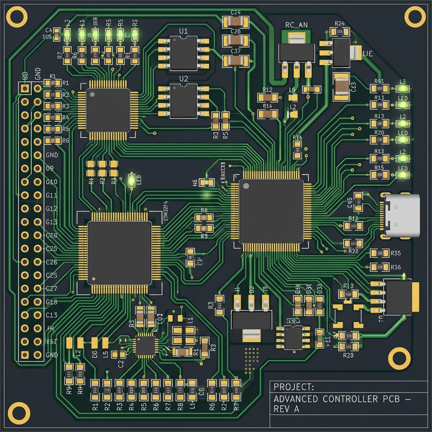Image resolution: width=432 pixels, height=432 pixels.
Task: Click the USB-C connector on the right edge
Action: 402,215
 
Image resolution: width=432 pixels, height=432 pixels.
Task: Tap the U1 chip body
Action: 184,53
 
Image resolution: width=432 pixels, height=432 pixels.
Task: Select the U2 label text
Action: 184,78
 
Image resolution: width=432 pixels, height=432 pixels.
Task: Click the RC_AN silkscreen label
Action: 296,25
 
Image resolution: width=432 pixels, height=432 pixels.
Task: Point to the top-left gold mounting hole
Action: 17,17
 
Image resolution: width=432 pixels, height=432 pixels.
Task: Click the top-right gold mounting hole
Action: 415,17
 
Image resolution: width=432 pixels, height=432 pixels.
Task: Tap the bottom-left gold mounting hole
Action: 19,413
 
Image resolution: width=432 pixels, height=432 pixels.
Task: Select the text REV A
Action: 286,409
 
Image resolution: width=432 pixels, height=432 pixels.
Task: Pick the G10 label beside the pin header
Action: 51,182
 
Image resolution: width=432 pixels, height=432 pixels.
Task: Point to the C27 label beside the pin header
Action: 51,289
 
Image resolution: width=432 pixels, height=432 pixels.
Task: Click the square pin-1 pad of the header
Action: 25,88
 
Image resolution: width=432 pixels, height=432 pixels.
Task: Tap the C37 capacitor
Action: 235,60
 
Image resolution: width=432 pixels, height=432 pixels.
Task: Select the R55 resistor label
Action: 396,253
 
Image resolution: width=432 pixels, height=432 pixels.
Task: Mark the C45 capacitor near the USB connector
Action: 358,202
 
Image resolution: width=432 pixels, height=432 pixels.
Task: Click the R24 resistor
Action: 340,32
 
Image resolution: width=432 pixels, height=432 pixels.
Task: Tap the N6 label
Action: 194,183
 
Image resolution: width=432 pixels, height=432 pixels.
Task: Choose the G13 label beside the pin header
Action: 51,222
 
